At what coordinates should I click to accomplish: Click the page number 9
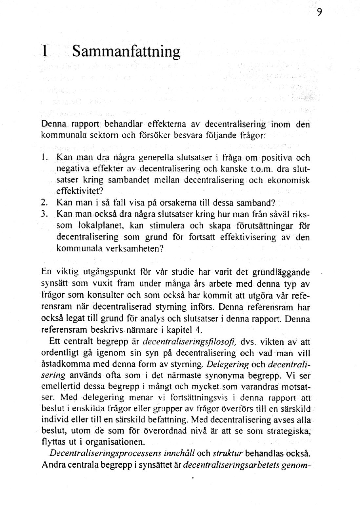tap(319, 12)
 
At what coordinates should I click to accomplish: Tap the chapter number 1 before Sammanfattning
tap(45, 51)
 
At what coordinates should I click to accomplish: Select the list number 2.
tap(45, 203)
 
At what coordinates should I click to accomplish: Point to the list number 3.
tap(45, 214)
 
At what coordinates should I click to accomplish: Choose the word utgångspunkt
tap(109, 272)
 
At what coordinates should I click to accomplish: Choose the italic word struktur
tap(228, 454)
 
